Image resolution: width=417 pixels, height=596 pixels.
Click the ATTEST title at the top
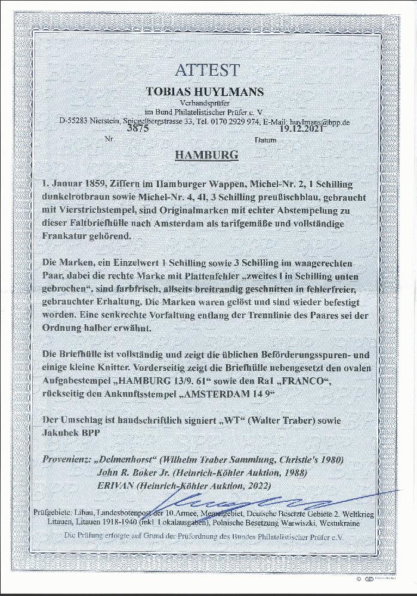coord(206,70)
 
